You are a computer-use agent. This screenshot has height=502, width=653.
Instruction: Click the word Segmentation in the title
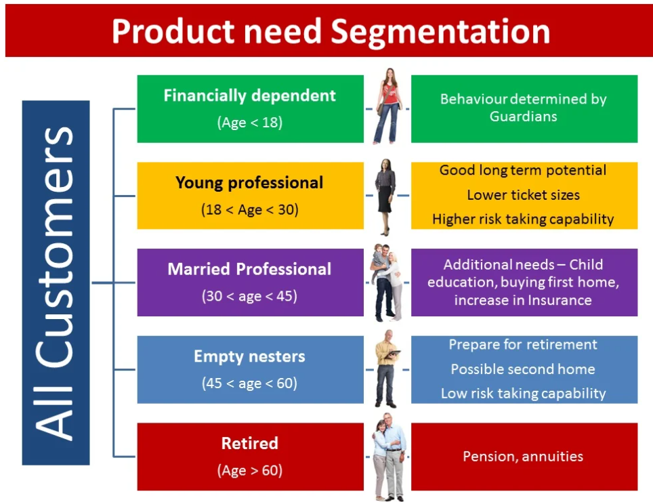[x=440, y=33]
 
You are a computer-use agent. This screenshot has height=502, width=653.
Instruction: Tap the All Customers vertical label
[x=55, y=283]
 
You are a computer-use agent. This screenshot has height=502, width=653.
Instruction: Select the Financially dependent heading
[x=250, y=96]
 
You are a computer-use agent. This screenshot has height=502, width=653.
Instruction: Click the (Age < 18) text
[x=250, y=123]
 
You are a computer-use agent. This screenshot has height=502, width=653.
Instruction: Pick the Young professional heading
[x=249, y=183]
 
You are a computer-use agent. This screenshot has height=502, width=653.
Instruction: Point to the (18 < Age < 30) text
[x=250, y=209]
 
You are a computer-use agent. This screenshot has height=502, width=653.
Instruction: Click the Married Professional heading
[x=249, y=269]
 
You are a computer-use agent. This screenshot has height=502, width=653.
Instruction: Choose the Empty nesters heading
[x=249, y=356]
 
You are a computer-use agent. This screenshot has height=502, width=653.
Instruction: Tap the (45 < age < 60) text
[x=250, y=383]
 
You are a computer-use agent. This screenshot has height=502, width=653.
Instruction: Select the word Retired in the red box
[x=249, y=443]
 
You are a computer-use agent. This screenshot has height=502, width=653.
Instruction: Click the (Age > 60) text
[x=250, y=470]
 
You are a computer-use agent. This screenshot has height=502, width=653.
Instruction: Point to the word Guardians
[x=524, y=117]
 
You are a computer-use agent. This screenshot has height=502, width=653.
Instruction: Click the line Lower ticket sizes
[x=524, y=195]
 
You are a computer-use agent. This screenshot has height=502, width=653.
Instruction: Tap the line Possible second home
[x=523, y=369]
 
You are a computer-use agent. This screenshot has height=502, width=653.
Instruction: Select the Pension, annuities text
[x=523, y=457]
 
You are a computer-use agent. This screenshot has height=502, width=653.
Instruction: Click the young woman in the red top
[x=388, y=106]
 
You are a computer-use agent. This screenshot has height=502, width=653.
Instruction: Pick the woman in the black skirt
[x=385, y=196]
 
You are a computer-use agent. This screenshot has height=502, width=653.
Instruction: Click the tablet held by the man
[x=392, y=354]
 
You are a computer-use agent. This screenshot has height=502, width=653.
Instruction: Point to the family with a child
[x=387, y=283]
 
